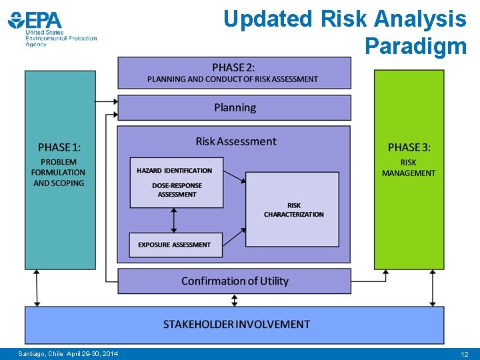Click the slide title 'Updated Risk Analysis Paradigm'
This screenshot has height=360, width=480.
click(345, 32)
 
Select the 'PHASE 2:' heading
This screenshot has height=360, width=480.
click(233, 67)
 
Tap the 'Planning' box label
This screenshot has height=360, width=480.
click(235, 107)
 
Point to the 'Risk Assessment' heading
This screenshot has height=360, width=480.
click(235, 141)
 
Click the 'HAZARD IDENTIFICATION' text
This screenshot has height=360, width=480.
click(175, 171)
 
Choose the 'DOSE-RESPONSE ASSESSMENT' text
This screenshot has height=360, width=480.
click(177, 190)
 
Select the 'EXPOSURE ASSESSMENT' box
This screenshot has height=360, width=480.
click(175, 245)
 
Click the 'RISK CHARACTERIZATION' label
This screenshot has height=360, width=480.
click(293, 210)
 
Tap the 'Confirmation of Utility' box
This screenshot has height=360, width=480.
click(235, 281)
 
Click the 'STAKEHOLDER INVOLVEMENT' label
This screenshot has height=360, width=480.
click(236, 325)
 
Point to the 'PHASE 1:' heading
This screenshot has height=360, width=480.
click(59, 147)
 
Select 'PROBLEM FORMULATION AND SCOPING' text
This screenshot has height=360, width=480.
click(59, 172)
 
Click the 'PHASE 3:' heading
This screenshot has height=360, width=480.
click(409, 147)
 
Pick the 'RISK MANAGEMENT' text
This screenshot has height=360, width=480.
click(408, 167)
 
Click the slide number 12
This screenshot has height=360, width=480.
click(464, 355)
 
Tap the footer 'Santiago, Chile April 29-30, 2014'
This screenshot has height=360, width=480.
click(68, 354)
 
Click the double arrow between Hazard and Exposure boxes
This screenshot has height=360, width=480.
click(175, 220)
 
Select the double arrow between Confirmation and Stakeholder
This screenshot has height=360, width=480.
click(234, 300)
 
